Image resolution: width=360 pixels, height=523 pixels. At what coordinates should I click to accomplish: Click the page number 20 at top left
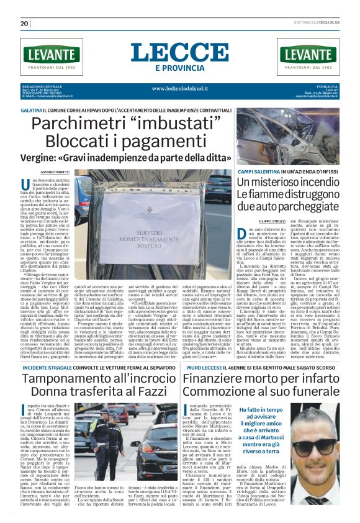pyautogui.click(x=25, y=24)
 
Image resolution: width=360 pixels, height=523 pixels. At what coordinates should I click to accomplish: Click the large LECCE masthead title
pyautogui.click(x=180, y=52)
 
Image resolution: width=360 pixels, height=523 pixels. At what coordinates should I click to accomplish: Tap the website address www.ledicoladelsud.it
pyautogui.click(x=179, y=88)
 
